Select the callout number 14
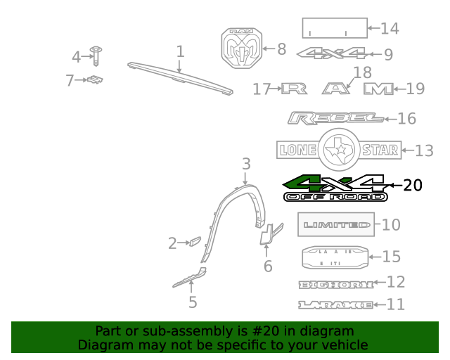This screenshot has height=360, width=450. click(x=389, y=29)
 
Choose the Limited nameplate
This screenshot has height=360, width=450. click(x=337, y=225)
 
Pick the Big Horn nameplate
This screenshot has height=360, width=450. click(x=335, y=283)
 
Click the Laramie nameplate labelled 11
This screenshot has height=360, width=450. click(x=335, y=304)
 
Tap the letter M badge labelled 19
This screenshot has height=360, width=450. click(x=378, y=89)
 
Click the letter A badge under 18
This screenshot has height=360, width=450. click(x=336, y=89)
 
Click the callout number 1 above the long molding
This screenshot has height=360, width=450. click(x=180, y=51)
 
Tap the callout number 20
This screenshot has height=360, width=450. click(x=413, y=186)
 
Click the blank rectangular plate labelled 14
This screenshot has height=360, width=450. click(x=334, y=28)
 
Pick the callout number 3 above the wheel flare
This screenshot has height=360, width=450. click(x=245, y=165)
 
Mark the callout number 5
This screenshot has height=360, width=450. click(x=192, y=303)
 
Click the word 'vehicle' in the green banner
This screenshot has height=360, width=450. click(x=345, y=345)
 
